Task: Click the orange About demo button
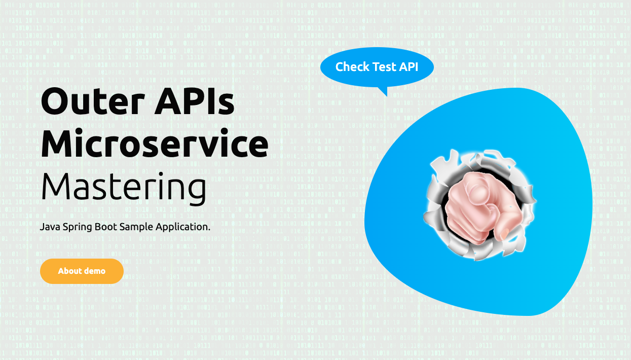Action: point(82,271)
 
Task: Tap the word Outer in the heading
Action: point(93,101)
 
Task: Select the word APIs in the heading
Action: point(195,101)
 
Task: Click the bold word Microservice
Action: point(155,143)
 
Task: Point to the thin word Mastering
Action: point(124,188)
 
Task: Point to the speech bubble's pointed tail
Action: point(384,91)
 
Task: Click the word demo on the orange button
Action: point(95,271)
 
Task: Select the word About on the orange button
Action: point(70,271)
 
